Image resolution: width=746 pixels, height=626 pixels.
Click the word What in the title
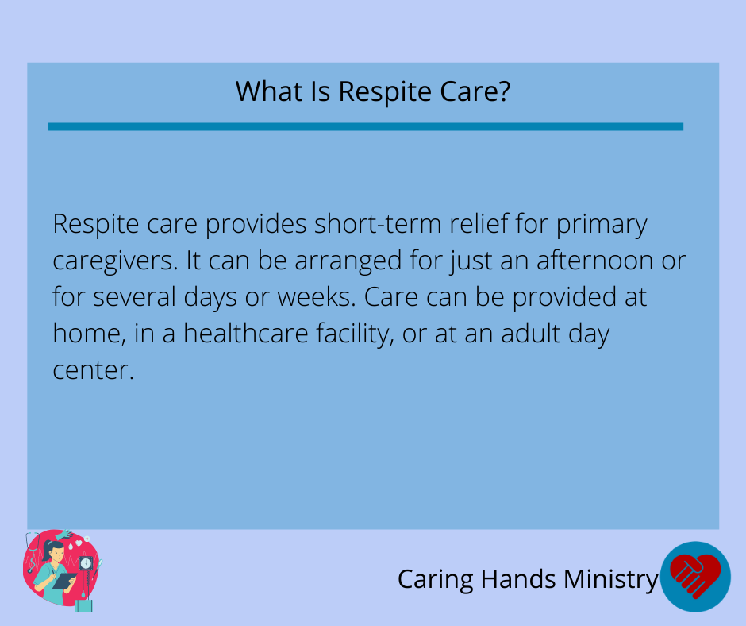270,91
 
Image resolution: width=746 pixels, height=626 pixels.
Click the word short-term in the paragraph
379,223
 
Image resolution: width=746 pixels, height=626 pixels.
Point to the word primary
602,226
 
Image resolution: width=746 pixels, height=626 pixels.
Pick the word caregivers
115,262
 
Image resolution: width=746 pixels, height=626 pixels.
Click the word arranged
348,262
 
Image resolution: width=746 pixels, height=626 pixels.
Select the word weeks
317,297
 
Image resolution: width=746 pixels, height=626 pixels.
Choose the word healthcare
246,333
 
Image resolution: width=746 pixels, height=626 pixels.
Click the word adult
530,333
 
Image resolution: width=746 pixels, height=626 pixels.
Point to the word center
94,371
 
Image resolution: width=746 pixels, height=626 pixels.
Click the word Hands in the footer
518,579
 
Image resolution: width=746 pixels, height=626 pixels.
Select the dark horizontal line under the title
366,127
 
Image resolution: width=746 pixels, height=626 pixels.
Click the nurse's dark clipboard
64,581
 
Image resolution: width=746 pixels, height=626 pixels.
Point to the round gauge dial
86,563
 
